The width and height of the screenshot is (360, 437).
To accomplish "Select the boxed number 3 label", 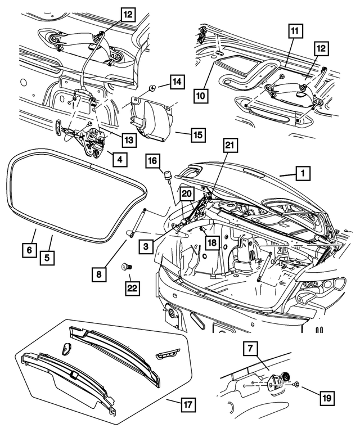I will [146, 246].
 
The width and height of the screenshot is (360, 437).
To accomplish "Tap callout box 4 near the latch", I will [118, 159].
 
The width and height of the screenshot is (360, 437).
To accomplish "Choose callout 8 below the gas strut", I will [99, 275].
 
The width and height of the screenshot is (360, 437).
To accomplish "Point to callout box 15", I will [197, 136].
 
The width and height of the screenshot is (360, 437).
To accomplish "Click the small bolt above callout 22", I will [126, 265].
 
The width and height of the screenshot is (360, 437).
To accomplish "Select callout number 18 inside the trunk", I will [211, 242].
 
